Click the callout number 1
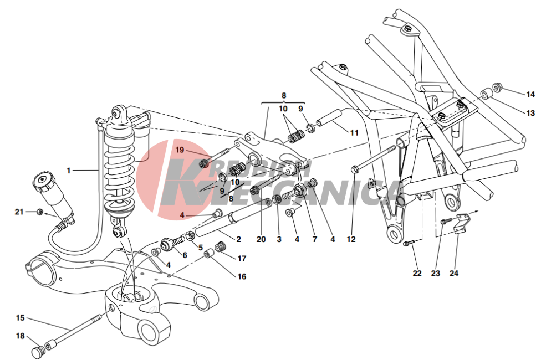pyautogui.click(x=68, y=171)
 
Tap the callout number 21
pyautogui.click(x=19, y=212)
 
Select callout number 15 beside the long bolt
pyautogui.click(x=21, y=317)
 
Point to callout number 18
pyautogui.click(x=21, y=336)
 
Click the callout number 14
pyautogui.click(x=530, y=94)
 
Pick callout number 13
pyautogui.click(x=530, y=113)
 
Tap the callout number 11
pyautogui.click(x=354, y=132)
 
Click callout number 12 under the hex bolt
pyautogui.click(x=351, y=239)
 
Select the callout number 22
pyautogui.click(x=417, y=273)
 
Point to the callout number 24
pyautogui.click(x=454, y=273)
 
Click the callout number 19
pyautogui.click(x=180, y=150)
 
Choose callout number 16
pyautogui.click(x=242, y=276)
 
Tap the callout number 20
pyautogui.click(x=261, y=239)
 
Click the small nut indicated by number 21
pyautogui.click(x=39, y=212)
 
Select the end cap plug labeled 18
pyautogui.click(x=37, y=352)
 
